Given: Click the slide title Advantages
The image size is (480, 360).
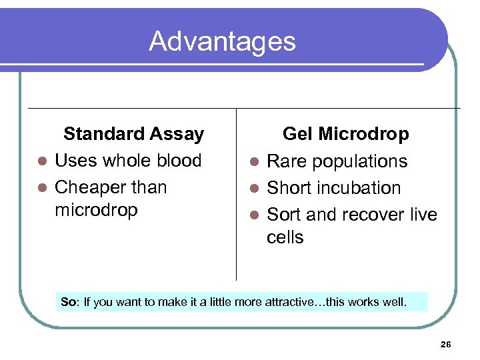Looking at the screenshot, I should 222,41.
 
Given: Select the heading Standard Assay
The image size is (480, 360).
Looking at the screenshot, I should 133,134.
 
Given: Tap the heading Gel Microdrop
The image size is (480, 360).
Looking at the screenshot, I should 345,134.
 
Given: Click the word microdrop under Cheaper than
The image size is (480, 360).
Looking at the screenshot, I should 96,210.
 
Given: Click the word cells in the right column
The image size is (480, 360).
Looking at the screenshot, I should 285,237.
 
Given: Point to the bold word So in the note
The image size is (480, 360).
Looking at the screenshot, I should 68,302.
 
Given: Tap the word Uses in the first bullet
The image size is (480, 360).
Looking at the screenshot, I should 75,161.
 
